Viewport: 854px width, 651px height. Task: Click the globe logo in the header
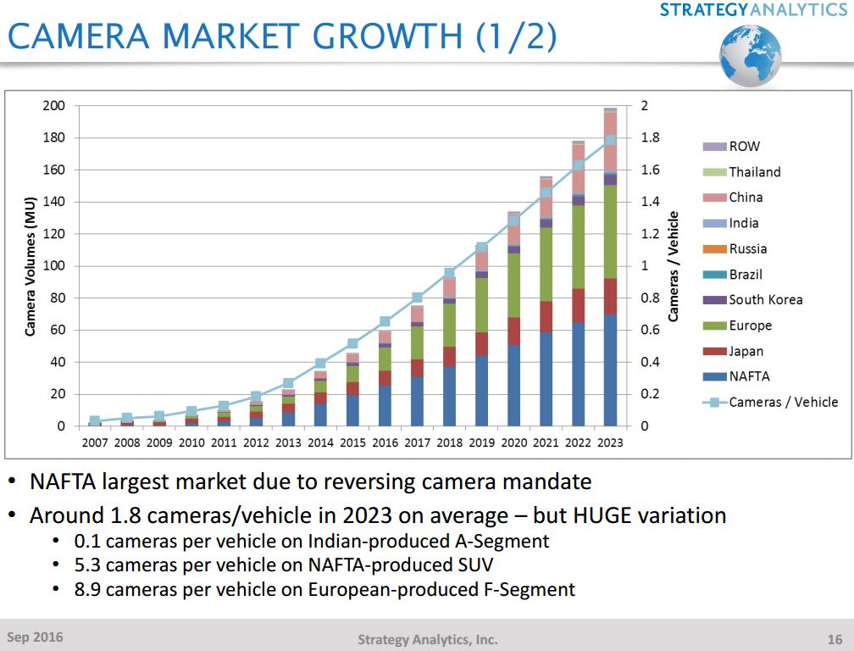[x=750, y=54]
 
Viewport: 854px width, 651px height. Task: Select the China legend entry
[x=746, y=198]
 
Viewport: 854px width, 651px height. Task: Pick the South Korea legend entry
[x=765, y=300]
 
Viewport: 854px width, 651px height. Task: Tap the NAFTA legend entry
[x=749, y=376]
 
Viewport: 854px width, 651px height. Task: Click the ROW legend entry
[x=744, y=147]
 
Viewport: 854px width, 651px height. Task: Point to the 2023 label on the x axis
[x=610, y=442]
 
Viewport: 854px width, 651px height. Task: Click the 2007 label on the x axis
[x=94, y=442]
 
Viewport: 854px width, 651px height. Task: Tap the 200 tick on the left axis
[x=53, y=106]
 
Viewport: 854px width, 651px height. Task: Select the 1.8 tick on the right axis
[x=651, y=138]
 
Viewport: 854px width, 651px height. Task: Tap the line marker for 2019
[x=481, y=248]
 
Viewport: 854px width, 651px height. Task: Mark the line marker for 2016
[x=385, y=321]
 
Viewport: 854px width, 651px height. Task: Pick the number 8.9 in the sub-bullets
[x=87, y=589]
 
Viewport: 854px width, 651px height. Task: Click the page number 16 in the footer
[x=834, y=638]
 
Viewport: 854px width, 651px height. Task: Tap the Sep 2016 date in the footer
[x=35, y=637]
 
